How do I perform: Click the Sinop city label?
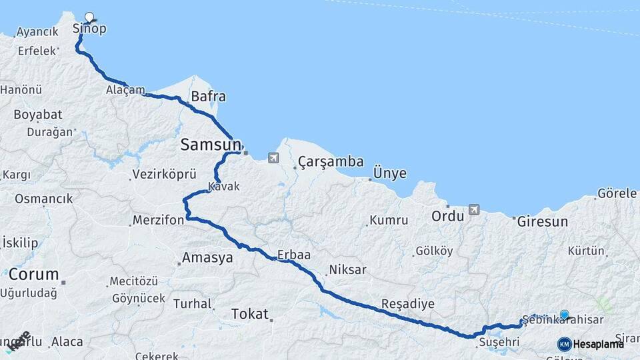(x=89, y=29)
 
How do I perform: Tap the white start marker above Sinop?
(x=90, y=17)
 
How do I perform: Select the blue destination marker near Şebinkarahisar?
(x=565, y=315)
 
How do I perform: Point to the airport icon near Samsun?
(x=273, y=158)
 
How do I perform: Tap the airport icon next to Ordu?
(x=474, y=209)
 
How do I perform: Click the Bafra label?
(x=208, y=96)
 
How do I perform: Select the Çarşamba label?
(x=331, y=161)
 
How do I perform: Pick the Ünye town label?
(x=390, y=173)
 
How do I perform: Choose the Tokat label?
(x=249, y=313)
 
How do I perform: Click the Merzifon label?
(x=158, y=220)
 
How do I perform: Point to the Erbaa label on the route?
(x=295, y=255)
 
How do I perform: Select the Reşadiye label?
(x=407, y=304)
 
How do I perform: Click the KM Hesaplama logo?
(x=591, y=344)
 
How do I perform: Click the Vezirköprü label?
(x=165, y=174)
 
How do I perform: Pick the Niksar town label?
(x=347, y=270)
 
